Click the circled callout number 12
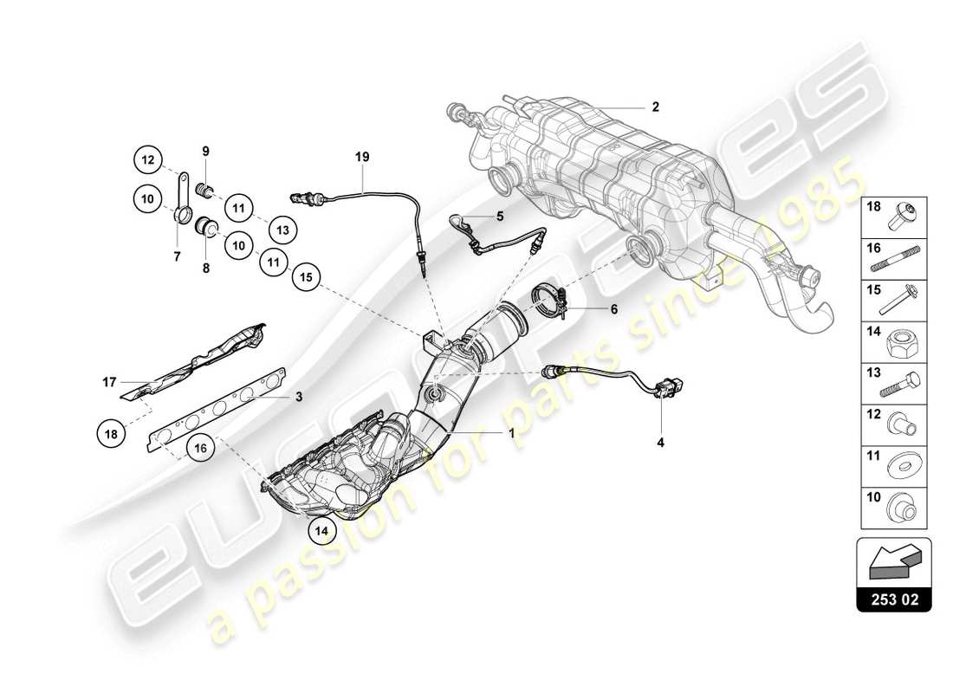tap(147, 159)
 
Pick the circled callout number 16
tap(198, 449)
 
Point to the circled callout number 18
tap(111, 435)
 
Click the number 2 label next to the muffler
tap(655, 107)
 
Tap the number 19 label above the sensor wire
tap(362, 157)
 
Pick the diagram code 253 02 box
tap(893, 599)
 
